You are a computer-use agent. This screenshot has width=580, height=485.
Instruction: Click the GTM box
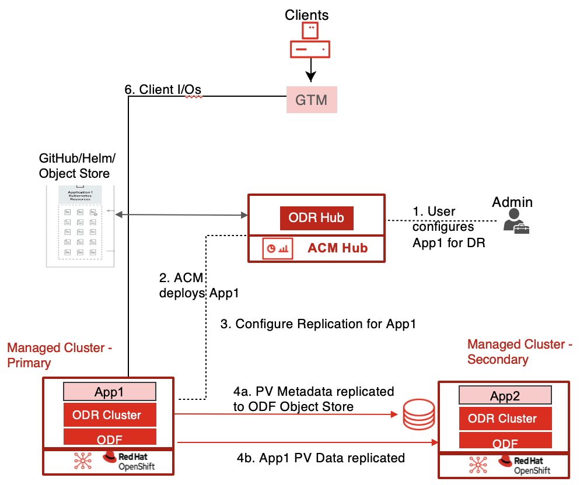[x=312, y=100]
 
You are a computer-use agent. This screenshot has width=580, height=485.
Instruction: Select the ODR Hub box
[x=316, y=218]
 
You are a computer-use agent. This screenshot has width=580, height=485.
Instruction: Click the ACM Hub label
[x=338, y=248]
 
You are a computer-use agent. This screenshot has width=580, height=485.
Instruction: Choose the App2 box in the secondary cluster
[x=505, y=396]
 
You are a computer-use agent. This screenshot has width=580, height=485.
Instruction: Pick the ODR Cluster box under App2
[x=502, y=419]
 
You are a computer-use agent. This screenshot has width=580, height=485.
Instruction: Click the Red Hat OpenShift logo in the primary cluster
[x=129, y=461]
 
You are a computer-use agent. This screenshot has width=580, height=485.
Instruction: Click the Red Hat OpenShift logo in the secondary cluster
[x=524, y=465]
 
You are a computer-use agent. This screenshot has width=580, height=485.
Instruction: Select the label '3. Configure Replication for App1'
[x=318, y=324]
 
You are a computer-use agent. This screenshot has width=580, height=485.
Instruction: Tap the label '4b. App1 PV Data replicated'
[x=320, y=458]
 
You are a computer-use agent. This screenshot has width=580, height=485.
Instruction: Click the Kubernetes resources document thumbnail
[x=81, y=225]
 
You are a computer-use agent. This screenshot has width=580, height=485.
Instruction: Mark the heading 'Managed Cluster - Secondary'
[x=519, y=352]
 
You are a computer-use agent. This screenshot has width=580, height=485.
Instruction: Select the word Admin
[x=512, y=202]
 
